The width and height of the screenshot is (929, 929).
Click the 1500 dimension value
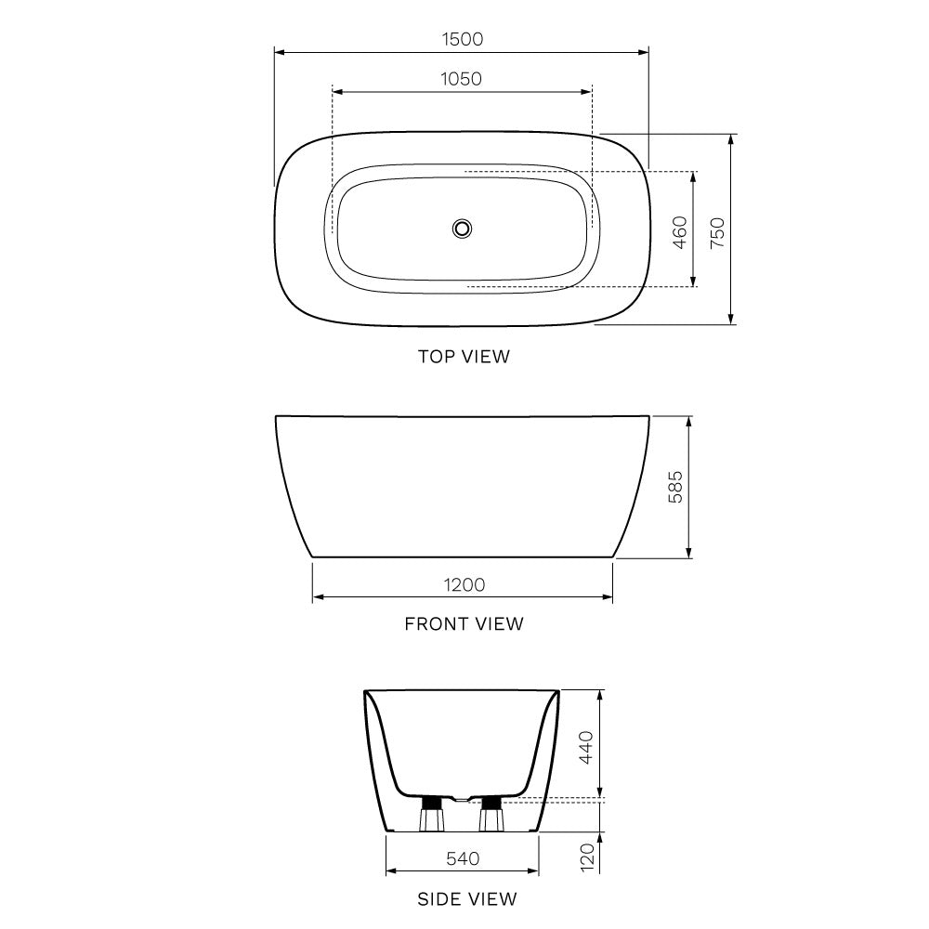462,39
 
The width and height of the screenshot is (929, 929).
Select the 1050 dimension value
462,79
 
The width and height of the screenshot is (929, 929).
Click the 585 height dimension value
675,487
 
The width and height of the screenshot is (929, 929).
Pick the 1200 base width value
463,584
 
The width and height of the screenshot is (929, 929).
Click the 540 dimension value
462,858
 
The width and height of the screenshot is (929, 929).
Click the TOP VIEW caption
464,356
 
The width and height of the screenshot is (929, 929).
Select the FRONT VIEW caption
464,623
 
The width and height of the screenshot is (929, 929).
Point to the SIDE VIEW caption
467,898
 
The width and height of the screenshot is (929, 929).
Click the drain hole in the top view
462,228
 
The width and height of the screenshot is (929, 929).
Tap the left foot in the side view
432,816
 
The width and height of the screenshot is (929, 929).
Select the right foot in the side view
491,816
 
